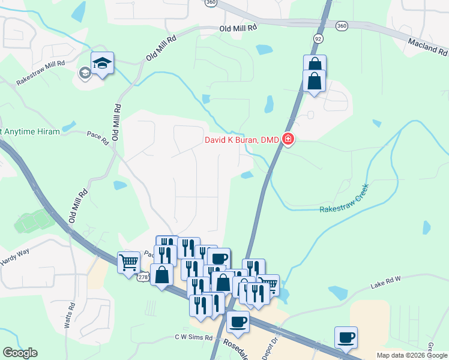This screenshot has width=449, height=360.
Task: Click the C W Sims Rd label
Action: click(x=193, y=338)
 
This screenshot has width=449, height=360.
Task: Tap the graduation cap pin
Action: click(x=103, y=62)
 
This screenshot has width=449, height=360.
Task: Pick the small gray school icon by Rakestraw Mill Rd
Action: click(x=85, y=73)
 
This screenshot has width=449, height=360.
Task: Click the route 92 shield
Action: click(x=318, y=38)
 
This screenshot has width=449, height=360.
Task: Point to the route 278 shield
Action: click(x=143, y=277)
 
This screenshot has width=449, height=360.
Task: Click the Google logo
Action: click(x=20, y=353)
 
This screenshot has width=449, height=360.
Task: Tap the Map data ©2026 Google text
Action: click(x=411, y=355)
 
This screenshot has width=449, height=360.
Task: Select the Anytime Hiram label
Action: click(x=30, y=131)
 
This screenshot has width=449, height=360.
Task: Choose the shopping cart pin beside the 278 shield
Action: click(x=128, y=262)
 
